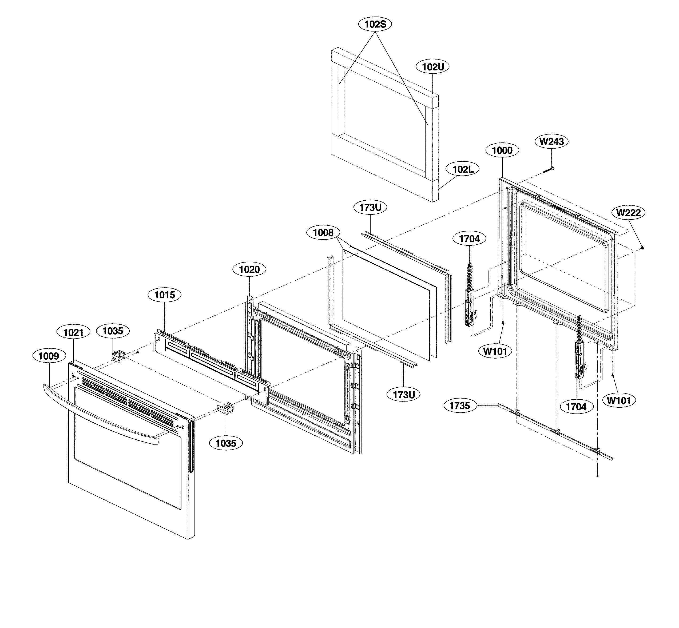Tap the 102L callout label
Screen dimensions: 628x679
point(463,169)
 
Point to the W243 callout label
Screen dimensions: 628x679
point(551,141)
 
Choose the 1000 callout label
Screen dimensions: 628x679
point(502,150)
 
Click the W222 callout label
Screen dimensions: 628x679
point(628,213)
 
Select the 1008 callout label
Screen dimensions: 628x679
point(323,233)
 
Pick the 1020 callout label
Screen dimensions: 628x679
point(249,270)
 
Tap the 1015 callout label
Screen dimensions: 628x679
point(165,295)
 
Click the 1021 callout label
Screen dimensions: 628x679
point(73,332)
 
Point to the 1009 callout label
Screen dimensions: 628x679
point(49,356)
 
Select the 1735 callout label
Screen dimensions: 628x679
point(459,406)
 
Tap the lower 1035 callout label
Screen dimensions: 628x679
point(226,443)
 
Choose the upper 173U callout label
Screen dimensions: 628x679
point(370,208)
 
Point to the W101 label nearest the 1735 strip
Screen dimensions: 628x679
point(495,351)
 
